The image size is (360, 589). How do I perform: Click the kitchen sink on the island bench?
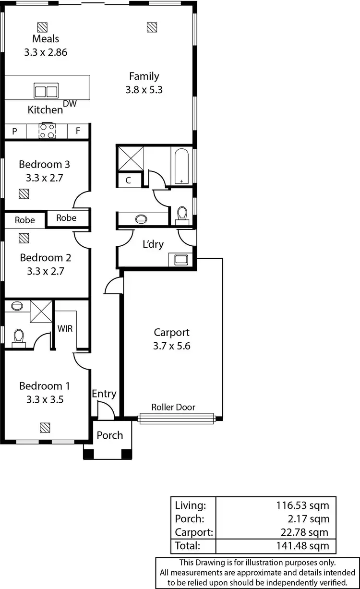pyautogui.click(x=46, y=90)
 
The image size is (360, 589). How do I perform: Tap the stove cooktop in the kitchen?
pyautogui.click(x=47, y=131)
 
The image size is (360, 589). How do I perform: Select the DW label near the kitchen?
pyautogui.click(x=70, y=103)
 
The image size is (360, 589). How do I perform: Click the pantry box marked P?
pyautogui.click(x=15, y=131)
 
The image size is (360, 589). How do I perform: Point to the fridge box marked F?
pyautogui.click(x=78, y=131)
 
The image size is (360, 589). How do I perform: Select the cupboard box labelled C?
pyautogui.click(x=129, y=180)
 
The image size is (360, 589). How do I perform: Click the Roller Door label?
pyautogui.click(x=173, y=407)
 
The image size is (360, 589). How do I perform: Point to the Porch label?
pyautogui.click(x=110, y=435)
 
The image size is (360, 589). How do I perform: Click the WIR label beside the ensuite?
pyautogui.click(x=65, y=329)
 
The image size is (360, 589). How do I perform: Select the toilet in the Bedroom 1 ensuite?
pyautogui.click(x=19, y=337)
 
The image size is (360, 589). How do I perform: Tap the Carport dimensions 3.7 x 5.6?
pyautogui.click(x=172, y=346)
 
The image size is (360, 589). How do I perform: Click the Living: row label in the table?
pyautogui.click(x=191, y=505)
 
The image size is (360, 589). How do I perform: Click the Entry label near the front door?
pyautogui.click(x=104, y=394)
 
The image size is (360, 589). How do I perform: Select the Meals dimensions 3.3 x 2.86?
pyautogui.click(x=46, y=52)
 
